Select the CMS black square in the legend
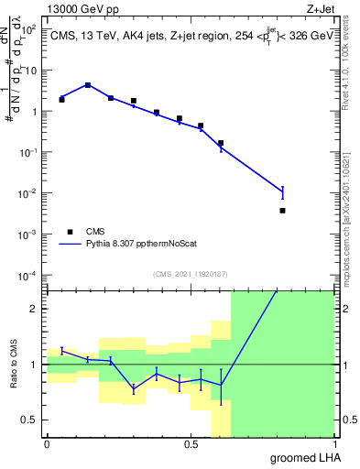point(70,232)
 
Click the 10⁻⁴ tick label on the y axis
point(29,276)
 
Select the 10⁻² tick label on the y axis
point(29,193)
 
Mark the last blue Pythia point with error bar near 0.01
point(282,191)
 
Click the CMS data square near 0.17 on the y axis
point(221,143)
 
